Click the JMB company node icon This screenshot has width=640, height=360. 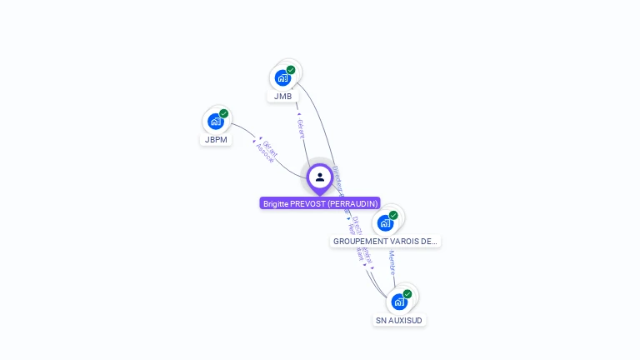click(282, 78)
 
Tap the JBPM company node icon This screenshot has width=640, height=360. click(216, 122)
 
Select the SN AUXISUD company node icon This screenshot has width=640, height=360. click(399, 302)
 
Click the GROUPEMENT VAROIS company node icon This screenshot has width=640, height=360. click(385, 223)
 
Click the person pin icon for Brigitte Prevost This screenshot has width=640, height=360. click(320, 177)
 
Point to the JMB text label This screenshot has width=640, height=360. click(283, 97)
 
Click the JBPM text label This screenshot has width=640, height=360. click(217, 140)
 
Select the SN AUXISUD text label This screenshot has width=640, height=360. click(399, 320)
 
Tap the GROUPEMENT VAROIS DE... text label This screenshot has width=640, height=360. click(385, 242)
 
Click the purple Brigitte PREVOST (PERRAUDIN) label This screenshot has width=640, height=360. click(320, 203)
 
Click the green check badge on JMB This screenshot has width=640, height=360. click(291, 70)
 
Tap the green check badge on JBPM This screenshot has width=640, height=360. click(224, 113)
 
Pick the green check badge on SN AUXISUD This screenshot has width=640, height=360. click(407, 293)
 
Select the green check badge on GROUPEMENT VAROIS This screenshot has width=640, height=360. click(393, 215)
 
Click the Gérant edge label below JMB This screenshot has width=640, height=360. click(301, 128)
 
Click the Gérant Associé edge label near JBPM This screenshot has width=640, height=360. click(267, 151)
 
